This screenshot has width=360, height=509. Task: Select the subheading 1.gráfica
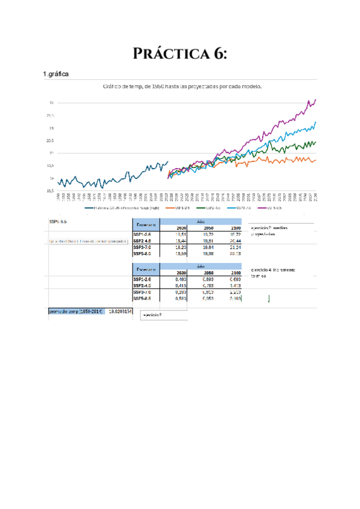[55, 74]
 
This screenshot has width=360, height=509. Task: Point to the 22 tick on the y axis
[52, 103]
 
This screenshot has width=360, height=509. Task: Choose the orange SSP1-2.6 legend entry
[178, 208]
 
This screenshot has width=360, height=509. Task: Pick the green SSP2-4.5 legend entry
[211, 208]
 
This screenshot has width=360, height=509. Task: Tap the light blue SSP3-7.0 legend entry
[244, 208]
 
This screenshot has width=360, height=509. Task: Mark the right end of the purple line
[316, 100]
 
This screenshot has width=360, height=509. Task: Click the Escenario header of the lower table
[146, 269]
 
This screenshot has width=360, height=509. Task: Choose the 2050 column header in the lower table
[208, 273]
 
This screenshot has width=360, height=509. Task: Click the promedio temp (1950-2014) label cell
[76, 311]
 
